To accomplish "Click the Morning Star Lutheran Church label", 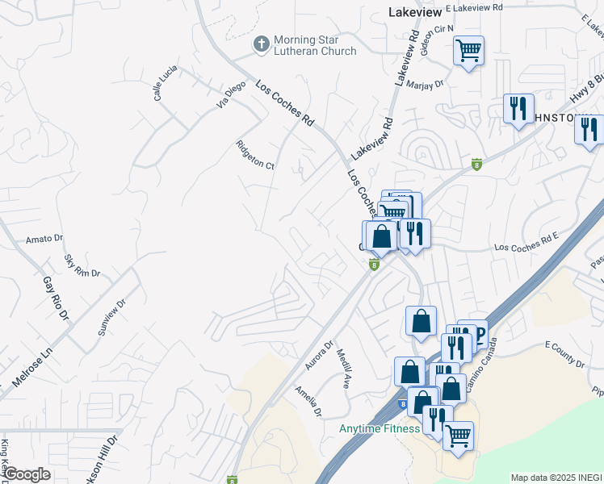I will click(315, 46).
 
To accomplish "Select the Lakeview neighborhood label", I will click(413, 13).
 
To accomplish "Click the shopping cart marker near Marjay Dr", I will click(468, 52).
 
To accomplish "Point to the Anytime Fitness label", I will click(380, 428).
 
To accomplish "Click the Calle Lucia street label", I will click(166, 83).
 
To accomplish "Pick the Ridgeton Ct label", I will click(256, 155).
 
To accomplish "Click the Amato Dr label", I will click(44, 239).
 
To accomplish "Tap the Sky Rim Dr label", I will click(82, 267).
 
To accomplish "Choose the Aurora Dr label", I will click(319, 356).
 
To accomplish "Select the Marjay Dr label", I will click(426, 83).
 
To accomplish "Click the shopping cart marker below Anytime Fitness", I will click(458, 436).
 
